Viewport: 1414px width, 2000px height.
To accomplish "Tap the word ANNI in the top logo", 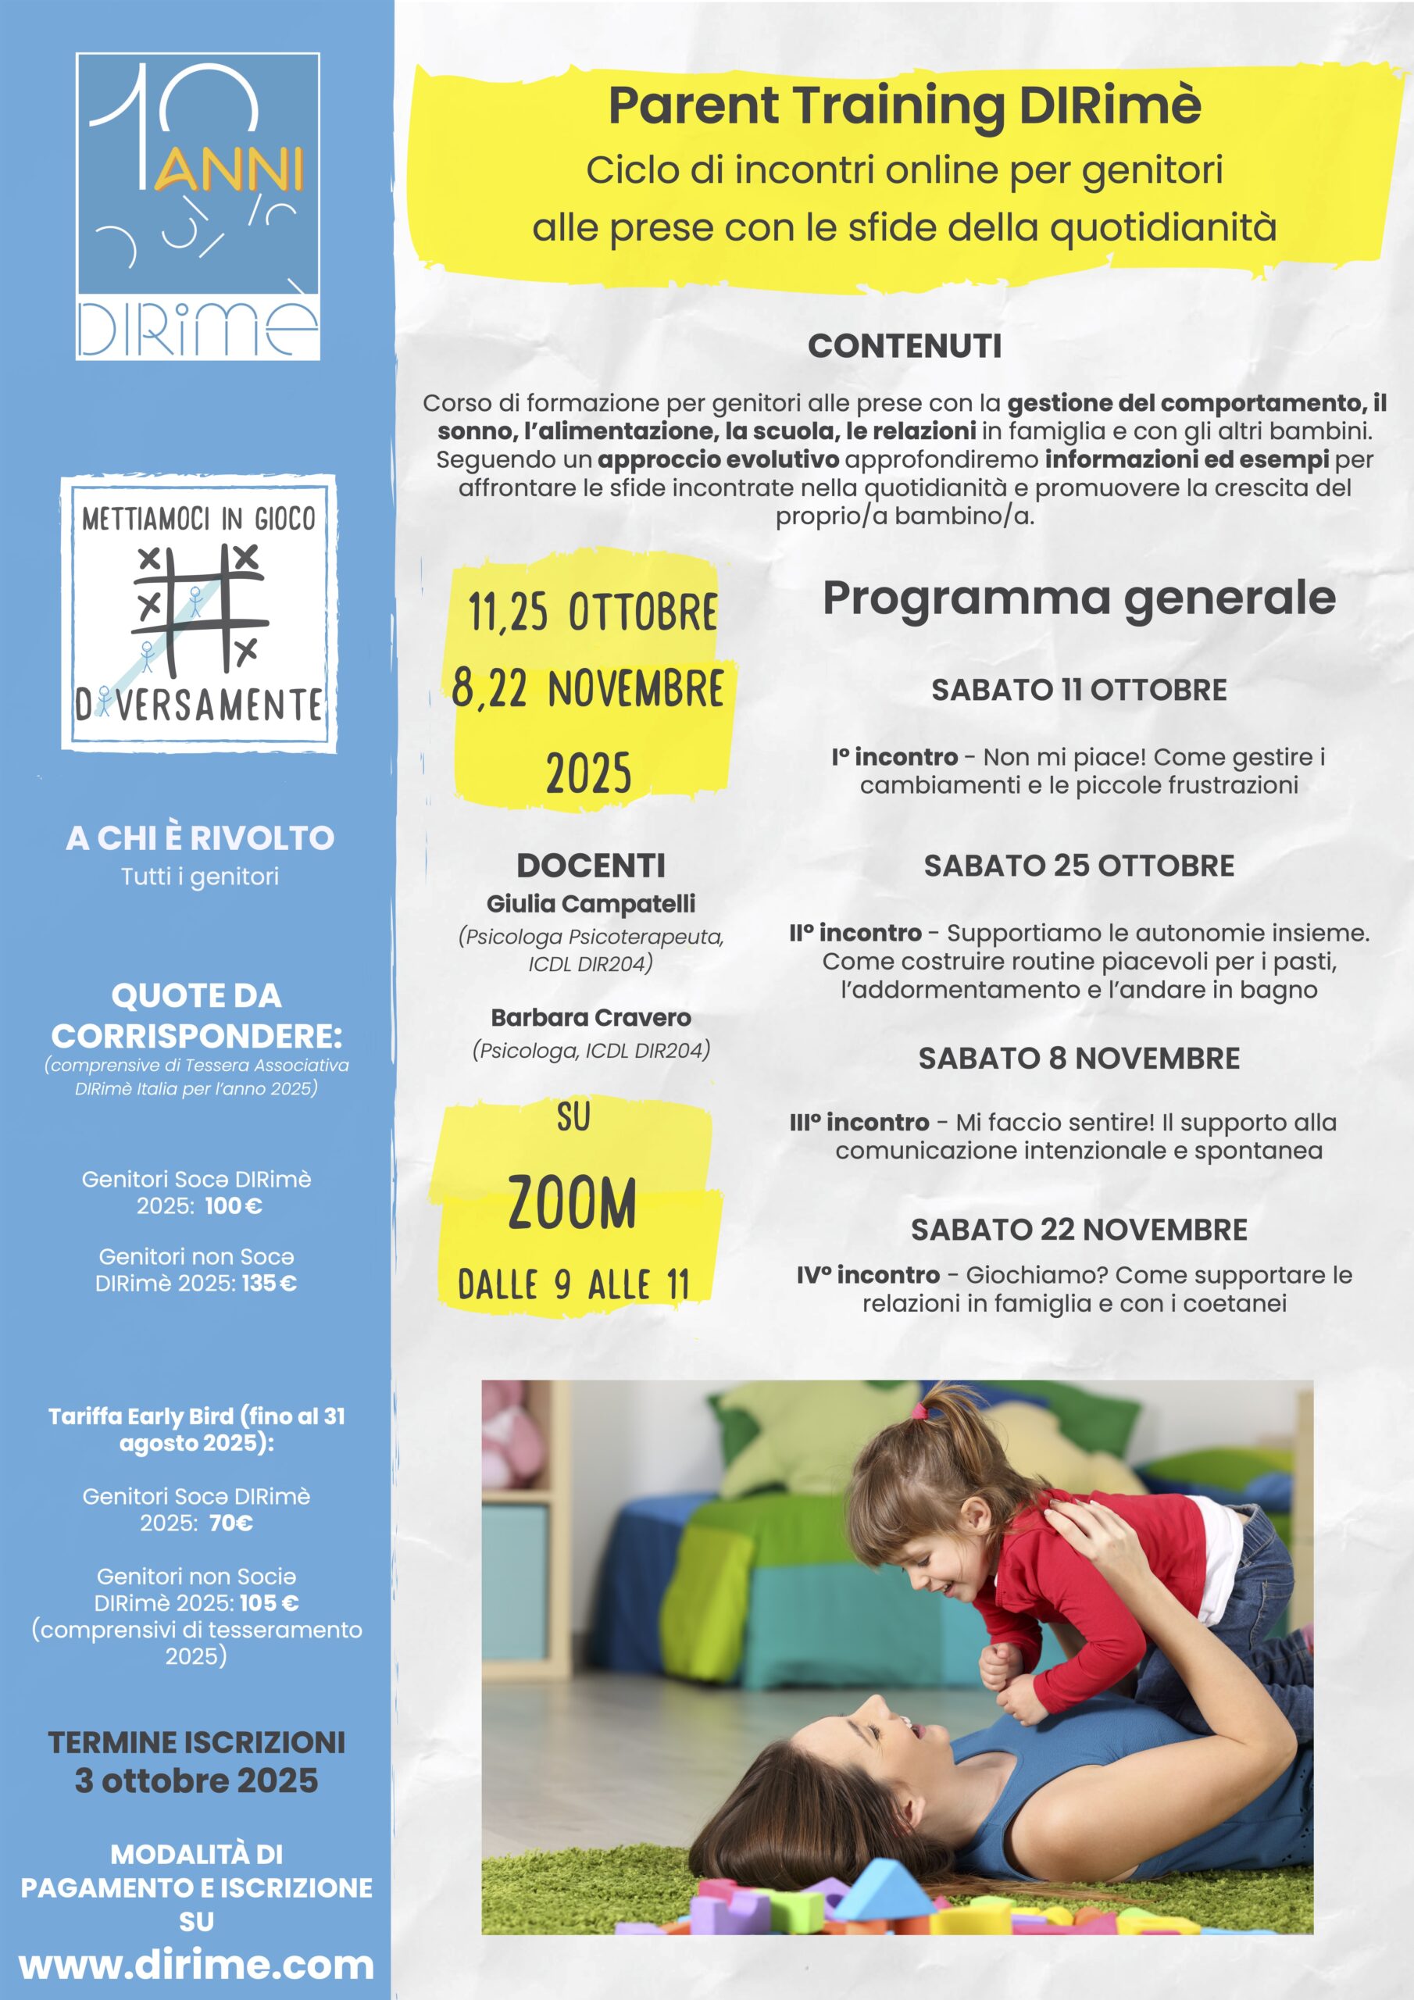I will pos(229,170).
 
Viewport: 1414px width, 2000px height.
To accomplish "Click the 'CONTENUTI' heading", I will pos(905,347).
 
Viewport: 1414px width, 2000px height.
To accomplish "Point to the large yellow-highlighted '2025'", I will pos(589,773).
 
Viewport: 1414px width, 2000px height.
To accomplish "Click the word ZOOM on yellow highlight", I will pos(573,1204).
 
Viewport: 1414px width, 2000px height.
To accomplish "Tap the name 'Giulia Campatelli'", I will pos(591,903).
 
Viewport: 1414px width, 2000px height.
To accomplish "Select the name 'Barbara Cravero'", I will pos(591,1017).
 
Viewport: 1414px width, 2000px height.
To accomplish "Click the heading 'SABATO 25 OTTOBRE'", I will pos(1079,866).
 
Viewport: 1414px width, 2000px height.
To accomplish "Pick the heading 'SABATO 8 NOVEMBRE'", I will pos(1079,1059).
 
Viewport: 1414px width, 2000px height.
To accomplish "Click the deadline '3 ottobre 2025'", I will pos(197,1780).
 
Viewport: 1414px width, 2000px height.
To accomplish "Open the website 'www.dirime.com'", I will pos(197,1965).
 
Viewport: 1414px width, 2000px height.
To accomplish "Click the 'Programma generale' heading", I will pos(1079,598).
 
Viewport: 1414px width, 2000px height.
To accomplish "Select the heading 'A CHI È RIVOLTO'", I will pos(199,838).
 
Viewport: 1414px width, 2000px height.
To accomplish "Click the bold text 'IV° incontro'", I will pos(868,1275).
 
